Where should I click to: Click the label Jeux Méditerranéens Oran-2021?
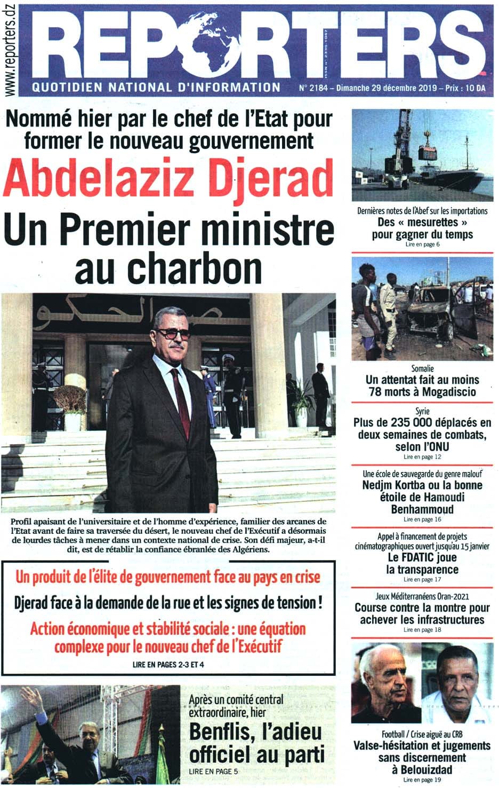click(422, 596)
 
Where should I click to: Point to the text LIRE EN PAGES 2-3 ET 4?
click(168, 665)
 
